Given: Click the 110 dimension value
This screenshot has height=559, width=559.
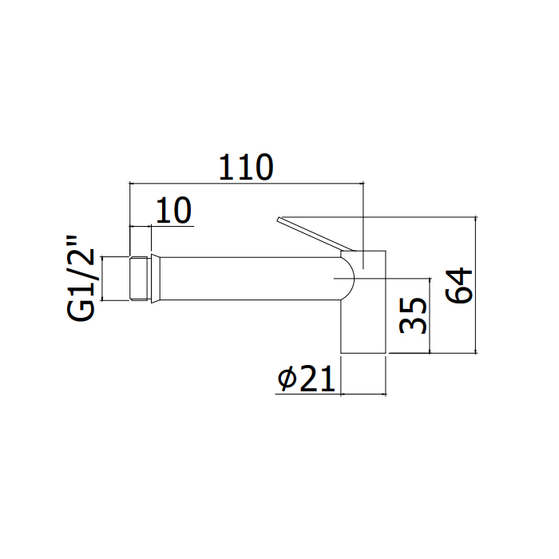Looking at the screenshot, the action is click(x=246, y=167).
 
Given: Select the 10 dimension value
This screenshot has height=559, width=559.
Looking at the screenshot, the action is click(x=173, y=210).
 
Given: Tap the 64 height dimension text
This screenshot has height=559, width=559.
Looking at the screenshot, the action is click(x=459, y=286).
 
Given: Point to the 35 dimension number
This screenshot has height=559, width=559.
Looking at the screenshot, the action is click(x=413, y=315).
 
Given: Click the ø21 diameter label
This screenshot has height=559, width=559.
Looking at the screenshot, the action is click(x=307, y=379).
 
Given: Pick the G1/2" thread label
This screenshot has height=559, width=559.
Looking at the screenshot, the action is click(x=81, y=279).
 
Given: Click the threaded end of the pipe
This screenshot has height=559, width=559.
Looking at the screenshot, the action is click(x=139, y=279).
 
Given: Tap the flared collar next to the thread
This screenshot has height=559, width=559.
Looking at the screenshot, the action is click(x=156, y=279).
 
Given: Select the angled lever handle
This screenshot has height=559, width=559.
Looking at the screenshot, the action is click(x=315, y=234).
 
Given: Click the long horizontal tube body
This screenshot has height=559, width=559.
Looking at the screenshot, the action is click(x=249, y=279).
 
